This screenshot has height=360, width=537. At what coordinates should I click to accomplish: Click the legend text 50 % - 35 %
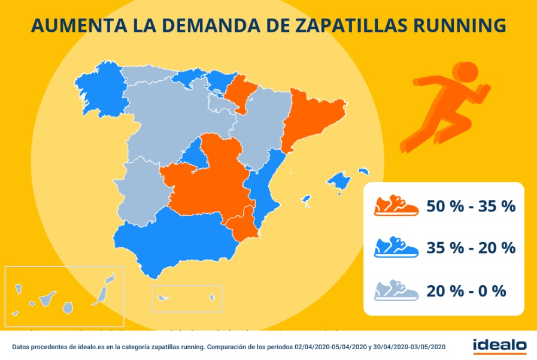pos(471,206)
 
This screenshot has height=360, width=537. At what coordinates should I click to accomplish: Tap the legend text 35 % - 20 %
pos(471,248)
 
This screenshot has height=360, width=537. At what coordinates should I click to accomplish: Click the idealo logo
pos(499,346)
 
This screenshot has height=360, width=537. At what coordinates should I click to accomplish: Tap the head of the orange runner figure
pos(466,71)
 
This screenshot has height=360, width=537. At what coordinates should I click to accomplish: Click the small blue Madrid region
pos(193,154)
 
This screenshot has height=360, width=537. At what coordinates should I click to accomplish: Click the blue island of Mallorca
pos(339,180)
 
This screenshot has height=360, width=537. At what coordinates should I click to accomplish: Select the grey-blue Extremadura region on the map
pos(139,192)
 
